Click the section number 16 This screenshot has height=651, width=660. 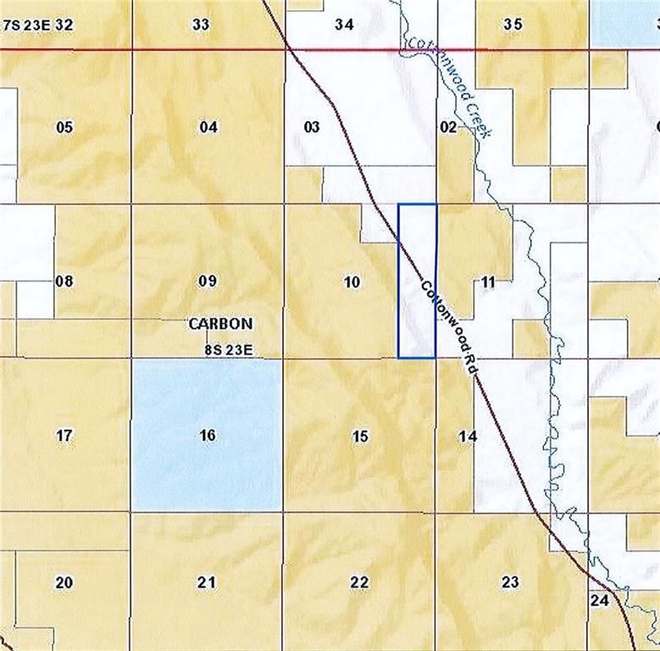[208, 436]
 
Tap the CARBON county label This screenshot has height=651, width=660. [220, 324]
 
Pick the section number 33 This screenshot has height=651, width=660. [201, 25]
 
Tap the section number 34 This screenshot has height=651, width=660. [344, 25]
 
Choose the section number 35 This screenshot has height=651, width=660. [513, 25]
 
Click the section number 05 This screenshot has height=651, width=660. [64, 128]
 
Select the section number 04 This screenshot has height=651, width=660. [208, 128]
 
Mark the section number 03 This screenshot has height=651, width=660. [312, 128]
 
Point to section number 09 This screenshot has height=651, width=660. [207, 281]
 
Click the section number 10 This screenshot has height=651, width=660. [353, 282]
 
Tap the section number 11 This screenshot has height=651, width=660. [487, 282]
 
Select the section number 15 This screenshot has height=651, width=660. [360, 437]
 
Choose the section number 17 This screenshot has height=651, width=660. [64, 437]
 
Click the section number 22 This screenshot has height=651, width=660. [359, 582]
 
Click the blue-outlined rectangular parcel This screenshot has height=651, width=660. [418, 281]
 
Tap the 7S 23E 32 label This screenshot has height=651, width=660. [39, 25]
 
